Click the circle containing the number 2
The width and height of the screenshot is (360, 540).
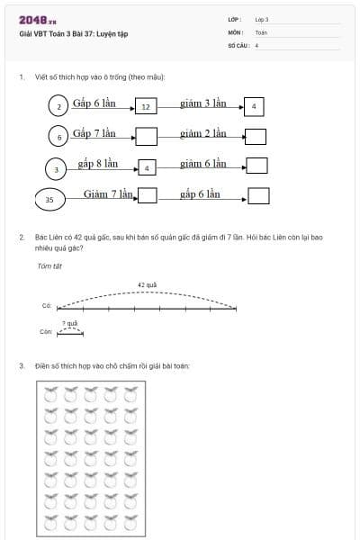click(x=58, y=106)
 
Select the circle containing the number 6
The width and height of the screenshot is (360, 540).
click(x=58, y=137)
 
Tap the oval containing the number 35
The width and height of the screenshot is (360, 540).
click(x=49, y=198)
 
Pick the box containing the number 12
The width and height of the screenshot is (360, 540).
click(x=146, y=107)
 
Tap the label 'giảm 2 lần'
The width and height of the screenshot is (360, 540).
click(x=202, y=133)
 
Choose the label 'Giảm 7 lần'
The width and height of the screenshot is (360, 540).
click(x=109, y=193)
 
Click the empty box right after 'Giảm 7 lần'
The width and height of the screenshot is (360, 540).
click(x=147, y=195)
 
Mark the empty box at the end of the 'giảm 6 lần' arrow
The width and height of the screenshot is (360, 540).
click(x=257, y=166)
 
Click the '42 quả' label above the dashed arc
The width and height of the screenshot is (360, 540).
click(x=147, y=284)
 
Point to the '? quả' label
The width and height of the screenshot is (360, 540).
click(x=69, y=322)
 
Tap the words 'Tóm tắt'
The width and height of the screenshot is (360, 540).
click(x=47, y=265)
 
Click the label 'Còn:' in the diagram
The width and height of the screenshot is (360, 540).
click(x=47, y=331)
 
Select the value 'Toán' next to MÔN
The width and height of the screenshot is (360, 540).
click(x=261, y=31)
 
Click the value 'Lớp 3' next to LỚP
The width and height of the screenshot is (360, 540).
click(x=262, y=19)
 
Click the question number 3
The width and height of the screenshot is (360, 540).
click(x=22, y=365)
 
